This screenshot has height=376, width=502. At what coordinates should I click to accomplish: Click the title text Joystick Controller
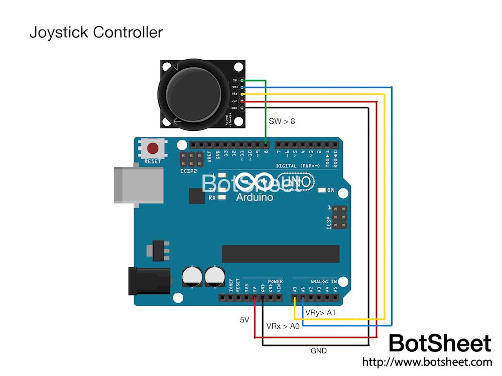(x=96, y=32)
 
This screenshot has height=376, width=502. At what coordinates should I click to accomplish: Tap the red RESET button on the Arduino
(x=153, y=148)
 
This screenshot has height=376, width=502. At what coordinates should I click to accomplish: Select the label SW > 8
(x=282, y=121)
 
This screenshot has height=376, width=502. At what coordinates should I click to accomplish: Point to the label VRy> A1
(x=321, y=312)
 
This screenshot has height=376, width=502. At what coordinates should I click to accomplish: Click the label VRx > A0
(x=283, y=326)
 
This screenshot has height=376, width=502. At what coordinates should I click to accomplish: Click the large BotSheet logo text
(x=440, y=343)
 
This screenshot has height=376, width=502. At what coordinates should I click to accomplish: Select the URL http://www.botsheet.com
(x=427, y=361)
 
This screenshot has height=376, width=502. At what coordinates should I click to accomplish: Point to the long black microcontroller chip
(x=281, y=254)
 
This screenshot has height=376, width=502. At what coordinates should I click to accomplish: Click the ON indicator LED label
(x=331, y=191)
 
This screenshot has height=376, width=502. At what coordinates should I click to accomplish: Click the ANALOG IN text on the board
(x=322, y=282)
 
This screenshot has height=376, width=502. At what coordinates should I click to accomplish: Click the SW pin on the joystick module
(x=242, y=80)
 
